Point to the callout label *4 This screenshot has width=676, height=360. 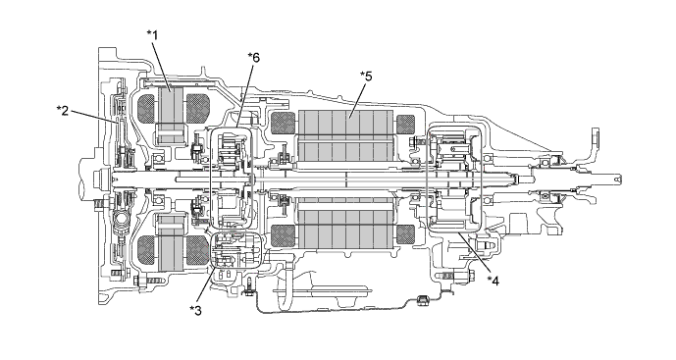coord(494,280)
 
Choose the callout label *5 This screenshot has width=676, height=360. coord(366,76)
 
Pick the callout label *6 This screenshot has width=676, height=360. coord(253,56)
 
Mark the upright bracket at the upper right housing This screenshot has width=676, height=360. coord(593,138)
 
